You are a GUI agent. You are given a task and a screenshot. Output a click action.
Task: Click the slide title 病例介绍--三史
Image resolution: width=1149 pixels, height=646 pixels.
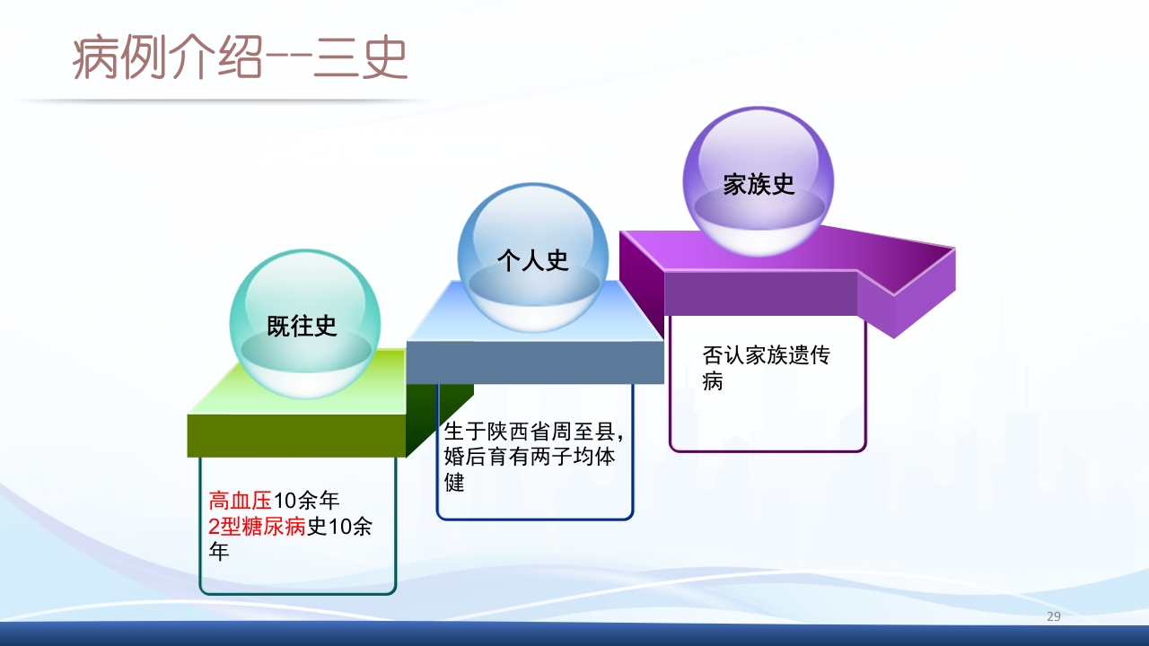coord(241,59)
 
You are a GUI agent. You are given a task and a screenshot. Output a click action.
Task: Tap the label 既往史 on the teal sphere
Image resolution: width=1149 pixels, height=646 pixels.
coord(302,326)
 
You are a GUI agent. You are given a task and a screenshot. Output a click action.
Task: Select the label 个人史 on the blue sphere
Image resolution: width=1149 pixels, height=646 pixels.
coord(533,260)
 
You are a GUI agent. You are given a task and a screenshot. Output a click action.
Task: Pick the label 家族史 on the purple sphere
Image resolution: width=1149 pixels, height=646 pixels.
coord(759,184)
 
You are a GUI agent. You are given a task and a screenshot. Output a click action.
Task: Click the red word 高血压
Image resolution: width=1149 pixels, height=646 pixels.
coord(240,501)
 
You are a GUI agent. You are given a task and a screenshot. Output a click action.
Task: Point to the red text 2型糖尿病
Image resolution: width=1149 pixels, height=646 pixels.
coord(258,527)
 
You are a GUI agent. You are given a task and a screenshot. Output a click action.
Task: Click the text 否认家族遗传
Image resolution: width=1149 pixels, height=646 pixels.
coord(766,355)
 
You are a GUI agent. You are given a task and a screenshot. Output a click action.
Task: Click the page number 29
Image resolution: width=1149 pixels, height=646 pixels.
coord(1054,616)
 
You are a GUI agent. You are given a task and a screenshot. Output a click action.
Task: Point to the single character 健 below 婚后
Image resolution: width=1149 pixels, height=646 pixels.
coord(455,483)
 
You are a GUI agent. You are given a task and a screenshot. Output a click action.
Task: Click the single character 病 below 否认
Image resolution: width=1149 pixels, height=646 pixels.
coord(713,381)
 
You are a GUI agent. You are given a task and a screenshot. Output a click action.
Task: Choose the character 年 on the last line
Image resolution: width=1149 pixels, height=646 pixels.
coord(219,552)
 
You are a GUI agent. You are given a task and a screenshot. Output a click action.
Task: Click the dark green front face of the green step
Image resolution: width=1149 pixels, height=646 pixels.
coord(296,435)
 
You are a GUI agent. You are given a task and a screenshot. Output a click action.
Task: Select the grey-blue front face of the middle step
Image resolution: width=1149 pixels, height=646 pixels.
coord(535,362)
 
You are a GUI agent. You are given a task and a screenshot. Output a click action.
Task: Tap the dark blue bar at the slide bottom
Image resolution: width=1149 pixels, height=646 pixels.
coord(574,634)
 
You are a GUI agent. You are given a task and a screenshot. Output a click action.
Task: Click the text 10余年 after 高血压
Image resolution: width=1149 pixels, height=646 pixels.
coord(307,501)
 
